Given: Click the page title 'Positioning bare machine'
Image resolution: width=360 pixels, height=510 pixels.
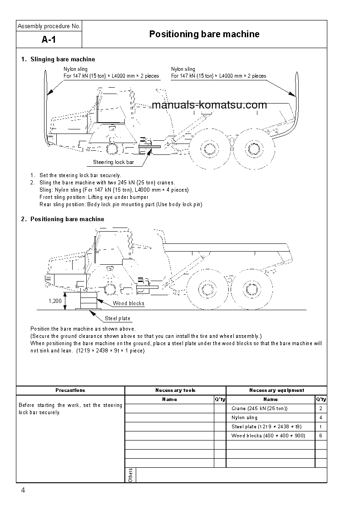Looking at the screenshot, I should [204, 34].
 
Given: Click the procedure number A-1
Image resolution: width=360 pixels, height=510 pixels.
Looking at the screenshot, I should [49, 40].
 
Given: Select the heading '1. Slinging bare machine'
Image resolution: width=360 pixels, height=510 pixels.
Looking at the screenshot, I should [58, 59].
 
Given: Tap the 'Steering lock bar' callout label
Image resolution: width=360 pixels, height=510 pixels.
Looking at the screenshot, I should [113, 162].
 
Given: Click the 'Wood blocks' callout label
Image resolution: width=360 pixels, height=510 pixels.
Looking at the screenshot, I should [128, 303].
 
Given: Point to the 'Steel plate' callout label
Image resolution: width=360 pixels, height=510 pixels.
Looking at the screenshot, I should [118, 318].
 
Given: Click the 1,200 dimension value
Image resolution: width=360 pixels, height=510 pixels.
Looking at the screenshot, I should [55, 301].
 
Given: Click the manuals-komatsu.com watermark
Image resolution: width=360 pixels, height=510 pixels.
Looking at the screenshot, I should [209, 105].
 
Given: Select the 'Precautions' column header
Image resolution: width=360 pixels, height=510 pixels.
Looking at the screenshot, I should [70, 390].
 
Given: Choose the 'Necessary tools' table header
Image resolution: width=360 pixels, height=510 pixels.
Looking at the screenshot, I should [175, 390].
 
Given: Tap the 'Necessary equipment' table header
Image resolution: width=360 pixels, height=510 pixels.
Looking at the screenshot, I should [276, 390].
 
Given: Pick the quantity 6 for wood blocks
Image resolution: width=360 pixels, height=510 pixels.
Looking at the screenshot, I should [321, 436].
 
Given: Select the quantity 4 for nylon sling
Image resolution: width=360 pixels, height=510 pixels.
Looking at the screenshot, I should [321, 417].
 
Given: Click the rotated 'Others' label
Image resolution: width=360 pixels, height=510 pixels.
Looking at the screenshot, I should [130, 475].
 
